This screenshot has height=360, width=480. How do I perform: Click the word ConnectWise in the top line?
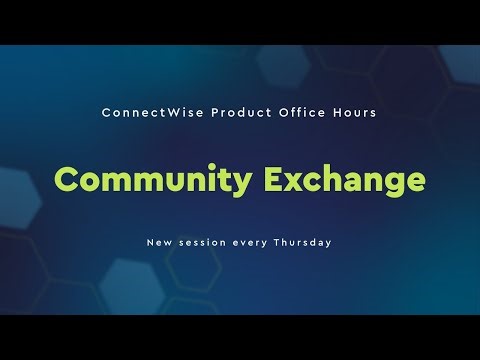145,113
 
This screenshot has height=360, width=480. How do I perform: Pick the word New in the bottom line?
159,243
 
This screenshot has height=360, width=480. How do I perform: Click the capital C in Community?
67,180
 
